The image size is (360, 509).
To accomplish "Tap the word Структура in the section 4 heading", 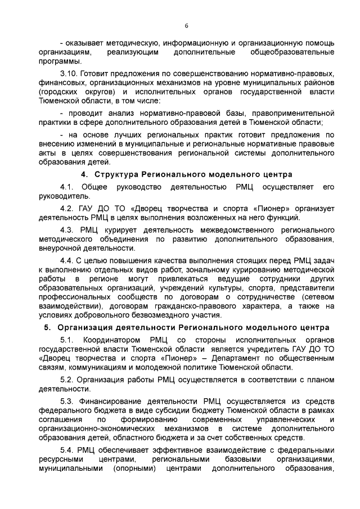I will pos(116,174).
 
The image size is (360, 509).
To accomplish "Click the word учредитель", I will pos(266,349).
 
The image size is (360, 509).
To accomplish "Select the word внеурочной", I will pos(65,248).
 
